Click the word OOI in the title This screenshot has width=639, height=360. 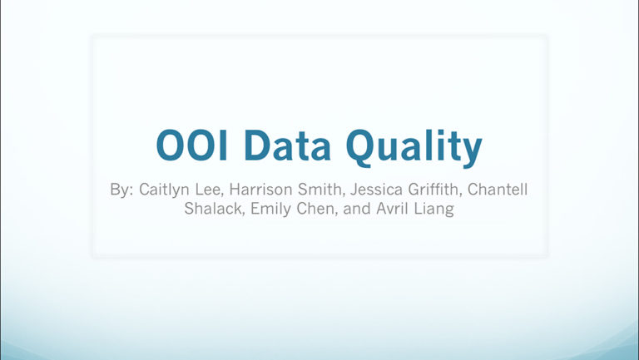pos(191,145)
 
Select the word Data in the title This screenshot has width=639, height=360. pos(288,145)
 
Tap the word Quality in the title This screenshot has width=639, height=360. pos(414,148)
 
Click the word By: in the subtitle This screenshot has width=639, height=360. pos(121,190)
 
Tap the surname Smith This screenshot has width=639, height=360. pos(320,190)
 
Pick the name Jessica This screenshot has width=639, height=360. pos(376,190)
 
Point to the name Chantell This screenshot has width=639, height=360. pos(498,190)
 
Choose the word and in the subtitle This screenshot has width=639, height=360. pos(357,209)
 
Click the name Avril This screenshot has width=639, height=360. pos(393,209)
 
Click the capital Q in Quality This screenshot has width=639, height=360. pos(361,148)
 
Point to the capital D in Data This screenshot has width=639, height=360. pos(258,145)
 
